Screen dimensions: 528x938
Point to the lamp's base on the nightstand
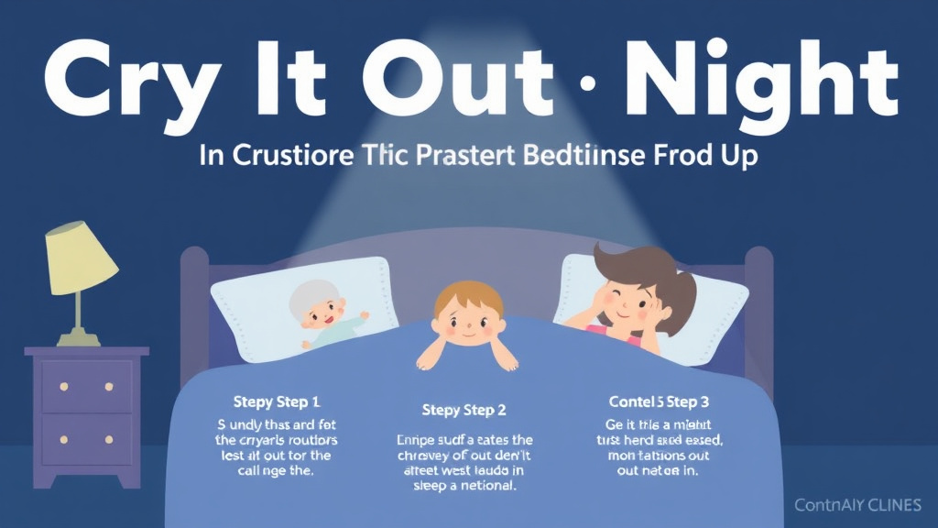point(78,339)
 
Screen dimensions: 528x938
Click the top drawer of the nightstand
point(87,385)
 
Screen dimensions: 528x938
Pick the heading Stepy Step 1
point(277,402)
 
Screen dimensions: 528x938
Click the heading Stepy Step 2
point(464,409)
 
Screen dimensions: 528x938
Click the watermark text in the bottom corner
point(859,504)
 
